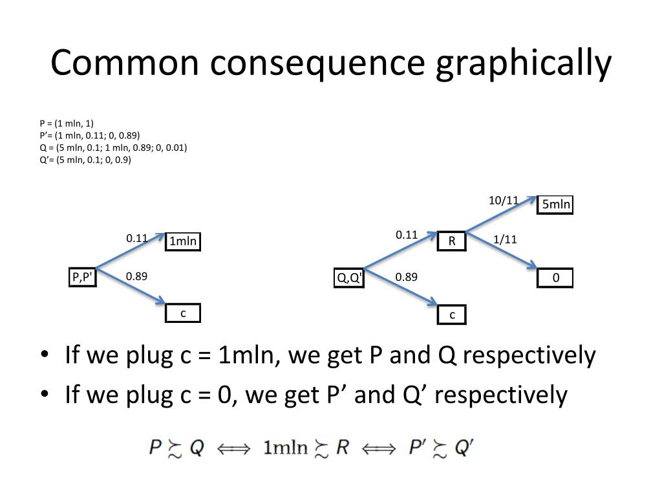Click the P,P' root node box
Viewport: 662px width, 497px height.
(x=82, y=278)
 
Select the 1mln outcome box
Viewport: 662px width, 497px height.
(x=183, y=242)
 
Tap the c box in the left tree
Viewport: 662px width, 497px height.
(x=183, y=313)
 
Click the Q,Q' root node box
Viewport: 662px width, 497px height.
(x=349, y=278)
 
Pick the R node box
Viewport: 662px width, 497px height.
(x=452, y=241)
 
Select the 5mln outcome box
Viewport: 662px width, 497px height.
(x=556, y=205)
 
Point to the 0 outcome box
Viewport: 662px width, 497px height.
(x=556, y=278)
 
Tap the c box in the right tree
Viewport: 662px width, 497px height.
(x=452, y=315)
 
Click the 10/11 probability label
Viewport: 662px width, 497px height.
(x=504, y=201)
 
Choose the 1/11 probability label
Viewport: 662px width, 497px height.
(x=505, y=239)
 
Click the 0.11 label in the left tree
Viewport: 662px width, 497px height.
(x=137, y=238)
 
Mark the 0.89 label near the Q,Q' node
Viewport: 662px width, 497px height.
(x=407, y=277)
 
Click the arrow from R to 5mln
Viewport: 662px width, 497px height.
(x=501, y=214)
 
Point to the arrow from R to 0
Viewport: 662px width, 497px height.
(x=503, y=250)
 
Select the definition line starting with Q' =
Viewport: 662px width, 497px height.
(x=85, y=160)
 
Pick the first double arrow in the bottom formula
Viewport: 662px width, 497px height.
(x=233, y=448)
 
